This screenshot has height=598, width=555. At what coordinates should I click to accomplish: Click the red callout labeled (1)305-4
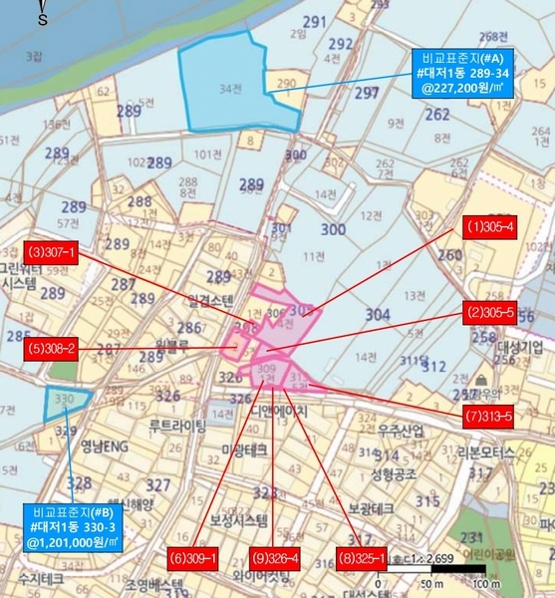tap(490, 227)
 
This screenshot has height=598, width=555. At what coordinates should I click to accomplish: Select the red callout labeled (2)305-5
tap(490, 313)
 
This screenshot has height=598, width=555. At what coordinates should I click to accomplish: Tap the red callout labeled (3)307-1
tap(51, 253)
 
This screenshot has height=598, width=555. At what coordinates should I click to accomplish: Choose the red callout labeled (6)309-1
tap(192, 559)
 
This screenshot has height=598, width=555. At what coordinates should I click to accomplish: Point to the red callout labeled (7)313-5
tap(486, 417)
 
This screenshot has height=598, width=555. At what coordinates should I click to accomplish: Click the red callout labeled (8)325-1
tap(360, 559)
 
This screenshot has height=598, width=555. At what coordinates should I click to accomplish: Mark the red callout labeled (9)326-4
tap(276, 559)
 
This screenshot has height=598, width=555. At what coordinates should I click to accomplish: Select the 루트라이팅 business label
tap(177, 426)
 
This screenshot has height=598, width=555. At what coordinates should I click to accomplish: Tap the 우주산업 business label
tap(401, 431)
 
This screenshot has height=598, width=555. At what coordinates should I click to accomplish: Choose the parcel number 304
tap(378, 314)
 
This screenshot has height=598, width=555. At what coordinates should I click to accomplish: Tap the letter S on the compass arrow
tap(43, 19)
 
